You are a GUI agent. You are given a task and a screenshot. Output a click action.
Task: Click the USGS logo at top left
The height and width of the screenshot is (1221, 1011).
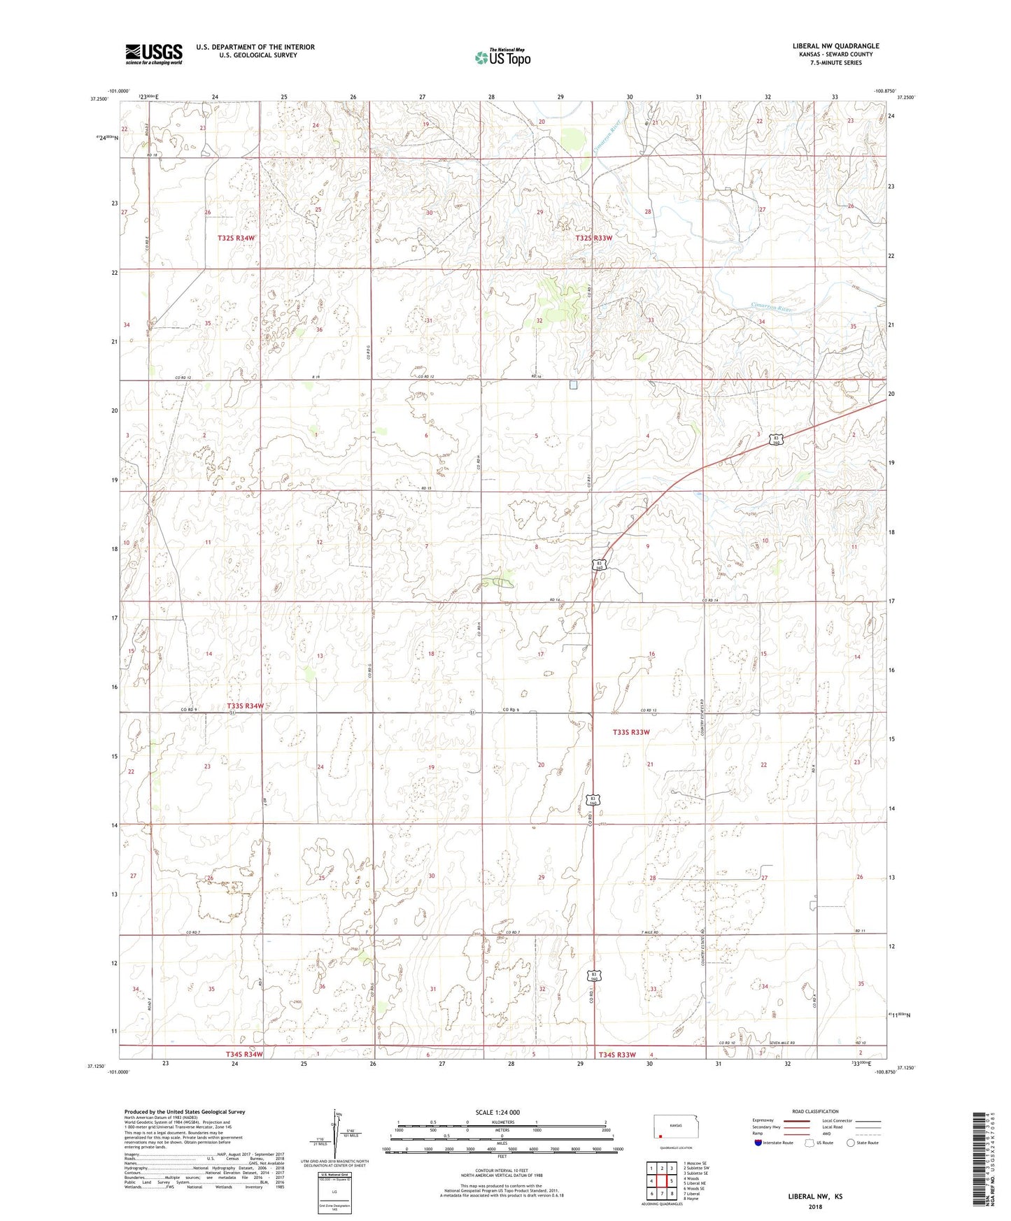click(154, 54)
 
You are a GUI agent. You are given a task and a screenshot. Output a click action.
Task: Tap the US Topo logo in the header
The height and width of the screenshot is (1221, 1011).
click(502, 58)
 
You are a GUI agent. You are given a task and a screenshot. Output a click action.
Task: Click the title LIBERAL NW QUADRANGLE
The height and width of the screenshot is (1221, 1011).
click(835, 46)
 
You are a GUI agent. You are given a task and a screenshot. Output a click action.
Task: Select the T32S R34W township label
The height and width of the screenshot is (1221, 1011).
click(236, 238)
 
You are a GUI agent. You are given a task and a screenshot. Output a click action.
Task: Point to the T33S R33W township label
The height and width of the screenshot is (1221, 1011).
click(631, 732)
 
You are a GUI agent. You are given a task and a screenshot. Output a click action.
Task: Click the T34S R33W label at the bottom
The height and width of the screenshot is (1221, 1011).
click(616, 1055)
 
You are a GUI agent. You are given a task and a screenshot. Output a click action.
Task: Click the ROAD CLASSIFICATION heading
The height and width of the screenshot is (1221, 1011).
click(815, 1111)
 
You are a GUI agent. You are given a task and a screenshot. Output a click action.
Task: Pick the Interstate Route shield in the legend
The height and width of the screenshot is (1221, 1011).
click(758, 1143)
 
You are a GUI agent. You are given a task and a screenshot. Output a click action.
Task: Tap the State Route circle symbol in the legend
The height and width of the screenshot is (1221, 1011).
click(851, 1143)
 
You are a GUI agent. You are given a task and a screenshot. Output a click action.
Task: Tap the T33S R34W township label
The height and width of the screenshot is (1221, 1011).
click(245, 706)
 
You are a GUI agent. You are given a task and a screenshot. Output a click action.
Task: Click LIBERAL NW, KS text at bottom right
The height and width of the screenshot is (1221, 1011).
click(814, 1197)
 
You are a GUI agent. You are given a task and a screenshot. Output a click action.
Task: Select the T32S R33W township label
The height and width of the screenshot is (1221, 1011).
click(594, 238)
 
